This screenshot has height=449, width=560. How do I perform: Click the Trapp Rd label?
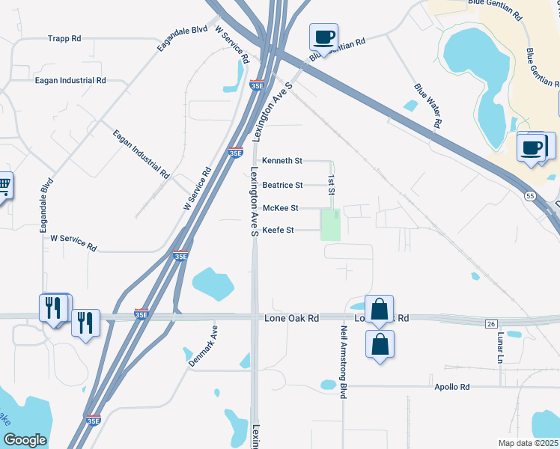click(x=64, y=38)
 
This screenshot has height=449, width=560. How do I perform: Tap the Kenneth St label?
click(x=281, y=161)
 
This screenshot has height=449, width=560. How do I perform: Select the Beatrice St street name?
click(x=282, y=185)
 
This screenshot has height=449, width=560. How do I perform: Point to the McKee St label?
click(x=280, y=208)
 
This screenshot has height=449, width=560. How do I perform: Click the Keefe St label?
click(x=278, y=230)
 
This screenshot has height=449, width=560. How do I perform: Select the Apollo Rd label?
click(x=451, y=387)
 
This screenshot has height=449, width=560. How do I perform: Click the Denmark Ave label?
click(x=202, y=345)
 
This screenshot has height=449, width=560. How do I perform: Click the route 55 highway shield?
click(x=529, y=195)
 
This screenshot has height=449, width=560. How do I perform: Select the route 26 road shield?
click(x=491, y=323)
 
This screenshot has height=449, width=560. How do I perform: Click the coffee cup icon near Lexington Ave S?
click(x=324, y=37)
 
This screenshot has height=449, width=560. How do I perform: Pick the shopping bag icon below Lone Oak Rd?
click(x=380, y=344)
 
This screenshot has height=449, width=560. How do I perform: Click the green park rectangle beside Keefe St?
click(x=330, y=225)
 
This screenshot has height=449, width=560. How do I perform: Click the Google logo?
click(x=25, y=440)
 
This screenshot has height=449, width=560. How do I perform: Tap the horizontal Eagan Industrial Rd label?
click(x=70, y=80)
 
